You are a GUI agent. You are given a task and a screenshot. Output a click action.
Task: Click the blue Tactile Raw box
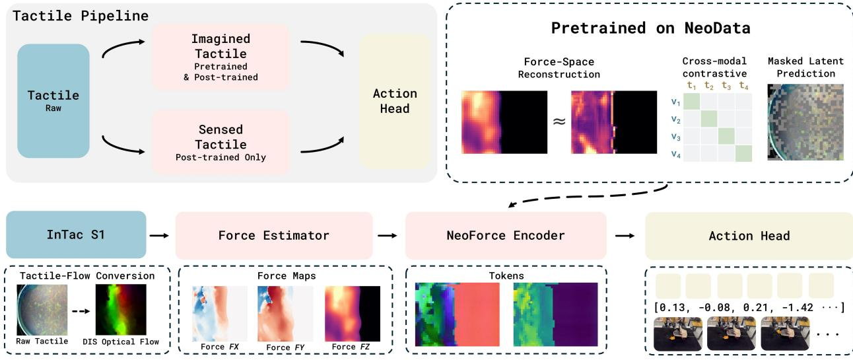click(x=53, y=101)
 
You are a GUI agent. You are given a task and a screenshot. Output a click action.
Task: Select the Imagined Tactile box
click(x=221, y=57)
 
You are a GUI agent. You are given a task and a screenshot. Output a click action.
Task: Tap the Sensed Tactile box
click(x=221, y=143)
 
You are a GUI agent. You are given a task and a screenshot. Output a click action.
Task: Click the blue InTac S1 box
click(x=76, y=234)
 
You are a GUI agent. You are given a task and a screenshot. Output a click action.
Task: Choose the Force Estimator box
click(x=274, y=235)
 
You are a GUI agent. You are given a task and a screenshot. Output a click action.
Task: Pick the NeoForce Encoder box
click(x=506, y=235)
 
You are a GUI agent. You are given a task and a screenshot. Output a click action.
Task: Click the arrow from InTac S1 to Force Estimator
click(x=159, y=236)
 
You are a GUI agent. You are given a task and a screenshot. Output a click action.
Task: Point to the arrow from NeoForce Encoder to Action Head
click(x=625, y=236)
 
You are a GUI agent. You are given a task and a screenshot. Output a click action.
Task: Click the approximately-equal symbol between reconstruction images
click(x=559, y=122)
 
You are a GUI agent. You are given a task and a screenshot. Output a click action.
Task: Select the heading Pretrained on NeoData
click(x=651, y=28)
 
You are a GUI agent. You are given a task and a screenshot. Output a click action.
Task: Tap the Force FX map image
click(x=220, y=314)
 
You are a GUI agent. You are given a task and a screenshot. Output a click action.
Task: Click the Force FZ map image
click(x=353, y=314)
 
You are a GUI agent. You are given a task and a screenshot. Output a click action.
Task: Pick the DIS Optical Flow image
click(x=121, y=310)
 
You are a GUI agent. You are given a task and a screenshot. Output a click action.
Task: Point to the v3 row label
click(x=675, y=137)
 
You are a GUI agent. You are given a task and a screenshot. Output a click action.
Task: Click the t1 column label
click(x=691, y=85)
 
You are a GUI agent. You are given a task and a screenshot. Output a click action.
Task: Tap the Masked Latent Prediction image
click(x=805, y=122)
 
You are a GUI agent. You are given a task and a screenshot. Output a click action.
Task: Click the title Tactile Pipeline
click(x=81, y=16)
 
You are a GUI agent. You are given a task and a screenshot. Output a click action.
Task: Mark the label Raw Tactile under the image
click(x=42, y=342)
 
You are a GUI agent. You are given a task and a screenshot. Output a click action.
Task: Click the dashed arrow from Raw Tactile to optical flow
click(x=81, y=311)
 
